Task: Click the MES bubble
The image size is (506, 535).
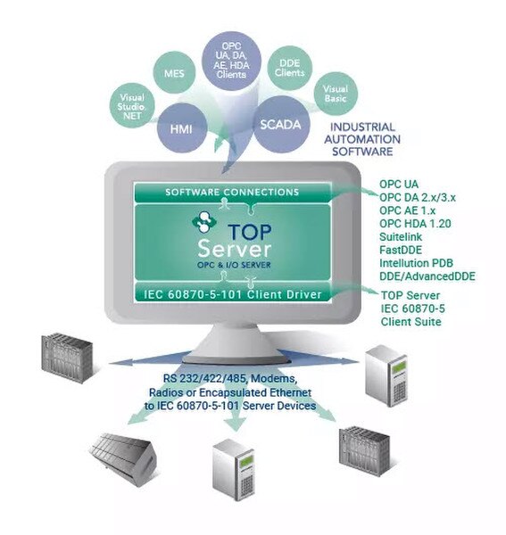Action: pyautogui.click(x=174, y=73)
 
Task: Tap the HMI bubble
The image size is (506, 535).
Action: pyautogui.click(x=182, y=128)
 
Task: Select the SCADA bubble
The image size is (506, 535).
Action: pyautogui.click(x=280, y=124)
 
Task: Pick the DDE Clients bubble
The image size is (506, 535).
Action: pyautogui.click(x=289, y=68)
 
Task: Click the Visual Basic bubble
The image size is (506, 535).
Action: pyautogui.click(x=336, y=94)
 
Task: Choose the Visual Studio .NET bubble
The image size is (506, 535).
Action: pyautogui.click(x=132, y=106)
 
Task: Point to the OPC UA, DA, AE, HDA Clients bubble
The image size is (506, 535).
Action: pyautogui.click(x=231, y=61)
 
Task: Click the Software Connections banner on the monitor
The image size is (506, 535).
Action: pyautogui.click(x=233, y=192)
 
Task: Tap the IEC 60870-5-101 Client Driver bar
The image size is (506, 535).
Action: pyautogui.click(x=233, y=293)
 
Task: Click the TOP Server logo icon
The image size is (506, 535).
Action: pyautogui.click(x=203, y=222)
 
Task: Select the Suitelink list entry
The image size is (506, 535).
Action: pyautogui.click(x=401, y=237)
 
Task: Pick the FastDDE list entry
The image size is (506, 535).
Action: pyautogui.click(x=401, y=250)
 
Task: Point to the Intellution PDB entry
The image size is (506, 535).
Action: pyautogui.click(x=416, y=263)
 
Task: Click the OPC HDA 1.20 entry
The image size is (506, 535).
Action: pyautogui.click(x=415, y=224)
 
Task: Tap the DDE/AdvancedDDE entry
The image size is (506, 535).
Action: pyautogui.click(x=427, y=276)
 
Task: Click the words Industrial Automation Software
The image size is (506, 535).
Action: pyautogui.click(x=362, y=139)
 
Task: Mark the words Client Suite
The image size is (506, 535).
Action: pyautogui.click(x=411, y=322)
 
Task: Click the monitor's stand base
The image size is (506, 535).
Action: pyautogui.click(x=236, y=358)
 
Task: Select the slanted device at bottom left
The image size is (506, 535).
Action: pyautogui.click(x=123, y=458)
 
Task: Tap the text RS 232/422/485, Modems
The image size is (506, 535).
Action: pyautogui.click(x=229, y=378)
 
